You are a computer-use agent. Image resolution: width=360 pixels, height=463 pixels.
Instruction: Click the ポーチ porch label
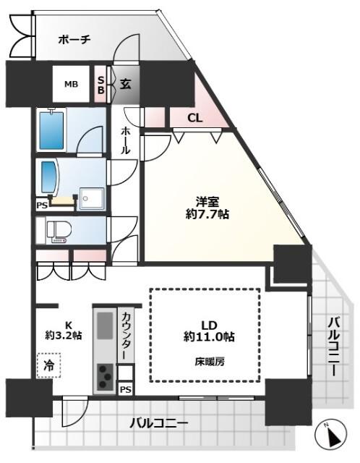pos(74,40)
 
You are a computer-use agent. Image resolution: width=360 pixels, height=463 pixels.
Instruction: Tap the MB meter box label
pos(71,85)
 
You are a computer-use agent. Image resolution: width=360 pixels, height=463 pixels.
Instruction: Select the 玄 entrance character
pos(124,84)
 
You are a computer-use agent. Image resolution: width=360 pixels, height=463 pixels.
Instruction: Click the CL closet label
pos(195,118)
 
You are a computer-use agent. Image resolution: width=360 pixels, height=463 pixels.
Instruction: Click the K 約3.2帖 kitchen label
pos(64,330)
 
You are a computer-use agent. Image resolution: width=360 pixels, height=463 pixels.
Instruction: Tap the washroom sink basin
pos(50,178)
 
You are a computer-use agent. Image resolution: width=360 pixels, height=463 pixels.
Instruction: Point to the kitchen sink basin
pos(104,324)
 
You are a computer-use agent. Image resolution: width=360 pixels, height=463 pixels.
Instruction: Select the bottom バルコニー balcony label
pos(159,422)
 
